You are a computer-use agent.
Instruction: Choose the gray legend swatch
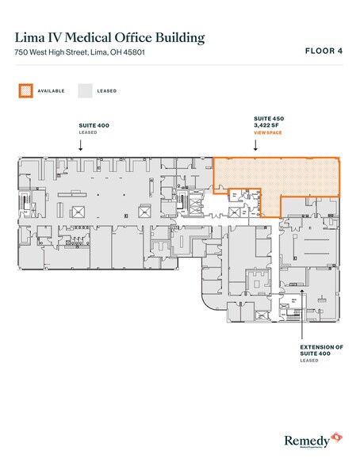point(84,91)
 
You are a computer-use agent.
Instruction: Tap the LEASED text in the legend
point(107,91)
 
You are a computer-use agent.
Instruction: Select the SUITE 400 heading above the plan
point(94,125)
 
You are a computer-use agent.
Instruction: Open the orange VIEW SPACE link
point(266,134)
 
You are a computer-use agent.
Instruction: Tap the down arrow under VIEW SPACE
point(255,146)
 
